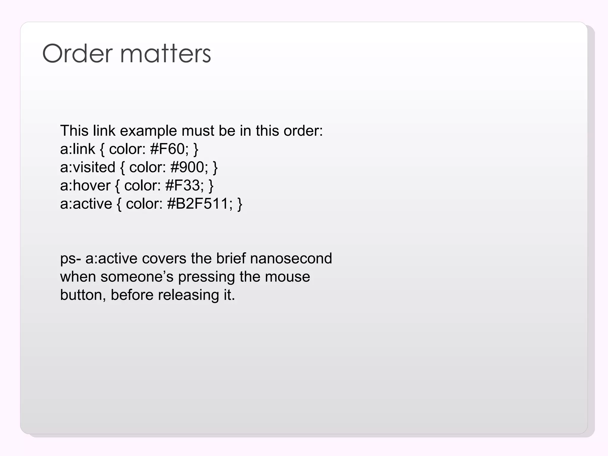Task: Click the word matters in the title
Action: tap(165, 53)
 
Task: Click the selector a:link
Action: tap(77, 149)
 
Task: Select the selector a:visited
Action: tap(88, 167)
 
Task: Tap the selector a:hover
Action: tap(85, 186)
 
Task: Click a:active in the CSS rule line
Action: tap(86, 204)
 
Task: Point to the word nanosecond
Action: tap(291, 259)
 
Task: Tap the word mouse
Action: tap(287, 277)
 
